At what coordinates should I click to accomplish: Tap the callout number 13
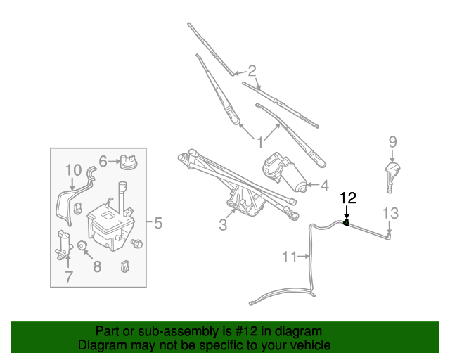coord(390,212)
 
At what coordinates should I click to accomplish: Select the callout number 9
coord(393,143)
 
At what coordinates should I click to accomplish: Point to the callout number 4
coord(324,186)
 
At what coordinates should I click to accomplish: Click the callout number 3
coord(223,225)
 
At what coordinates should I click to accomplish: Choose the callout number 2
coord(251,70)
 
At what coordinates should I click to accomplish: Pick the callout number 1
coord(259,141)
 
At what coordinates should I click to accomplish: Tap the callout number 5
coord(158,224)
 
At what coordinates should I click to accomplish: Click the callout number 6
coord(103,162)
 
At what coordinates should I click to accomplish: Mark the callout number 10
coord(74,170)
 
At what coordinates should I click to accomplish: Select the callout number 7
coord(68,276)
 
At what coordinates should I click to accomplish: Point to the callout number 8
coord(96,266)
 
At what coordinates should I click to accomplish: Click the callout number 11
coord(290,257)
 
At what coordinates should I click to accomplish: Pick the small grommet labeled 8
coord(82,246)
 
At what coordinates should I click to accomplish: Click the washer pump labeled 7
coord(64,245)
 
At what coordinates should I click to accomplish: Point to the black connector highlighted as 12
coord(347,224)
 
